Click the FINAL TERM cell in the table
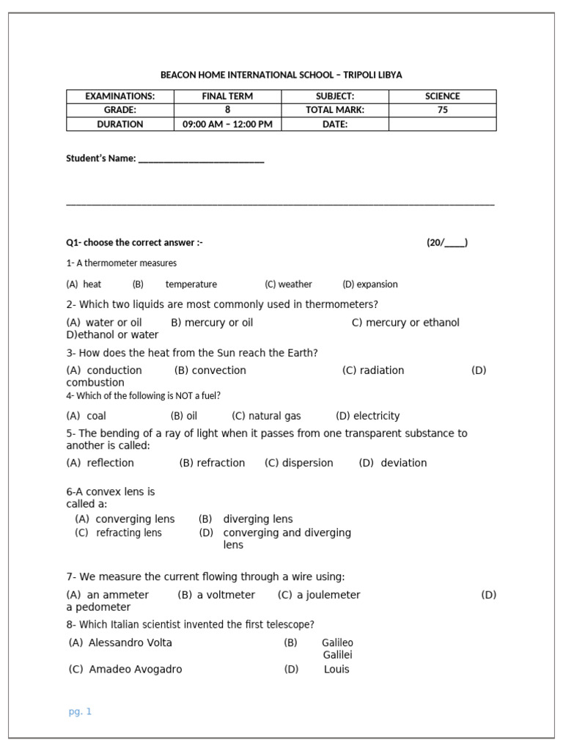tap(227, 96)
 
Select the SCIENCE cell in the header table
tap(442, 96)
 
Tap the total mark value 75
tap(442, 110)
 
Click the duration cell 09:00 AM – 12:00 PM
tap(227, 124)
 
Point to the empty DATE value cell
tap(442, 124)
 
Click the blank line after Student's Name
tap(201, 159)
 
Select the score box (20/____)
tap(447, 243)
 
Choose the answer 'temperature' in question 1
tap(191, 285)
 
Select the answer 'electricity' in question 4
tap(376, 416)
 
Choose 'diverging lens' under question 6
tap(257, 519)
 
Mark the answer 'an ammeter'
tap(117, 595)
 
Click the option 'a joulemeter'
tap(328, 595)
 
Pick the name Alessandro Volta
tap(130, 642)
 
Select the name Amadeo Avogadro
tap(135, 669)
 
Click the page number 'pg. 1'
tap(80, 711)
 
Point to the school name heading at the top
tap(281, 75)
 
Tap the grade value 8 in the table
tap(227, 110)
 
